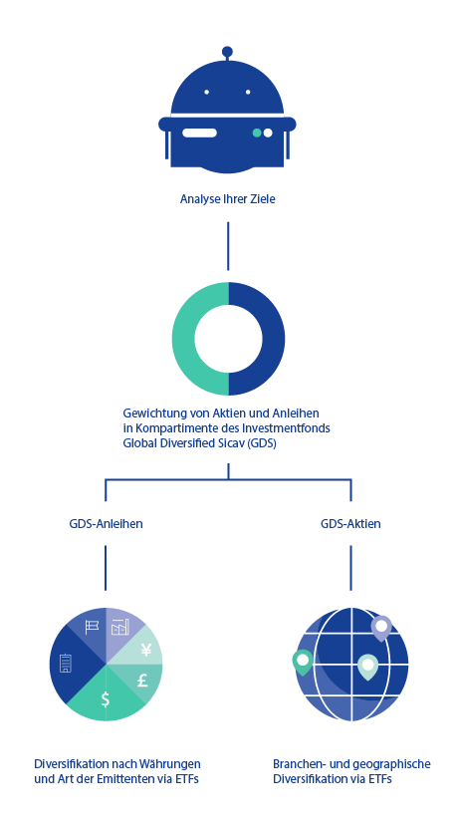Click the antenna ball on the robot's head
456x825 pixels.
point(227,52)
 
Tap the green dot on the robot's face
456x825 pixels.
point(257,133)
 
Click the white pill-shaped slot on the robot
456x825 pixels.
point(199,133)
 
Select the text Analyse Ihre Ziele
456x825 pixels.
point(228,199)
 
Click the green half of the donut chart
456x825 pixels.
point(183,339)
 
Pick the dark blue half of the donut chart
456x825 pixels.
point(274,339)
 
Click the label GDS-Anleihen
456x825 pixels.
point(106,524)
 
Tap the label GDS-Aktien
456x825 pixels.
point(350,524)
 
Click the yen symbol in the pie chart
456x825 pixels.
point(146,651)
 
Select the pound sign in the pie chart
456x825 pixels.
point(142,681)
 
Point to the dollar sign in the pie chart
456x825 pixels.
point(106,699)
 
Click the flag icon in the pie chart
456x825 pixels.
point(92,627)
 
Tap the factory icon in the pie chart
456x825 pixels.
point(120,627)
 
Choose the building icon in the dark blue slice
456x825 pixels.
point(66,663)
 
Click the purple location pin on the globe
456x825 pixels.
point(381,628)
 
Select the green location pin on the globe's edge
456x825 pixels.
point(303,662)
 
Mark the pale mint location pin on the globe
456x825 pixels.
point(367,667)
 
